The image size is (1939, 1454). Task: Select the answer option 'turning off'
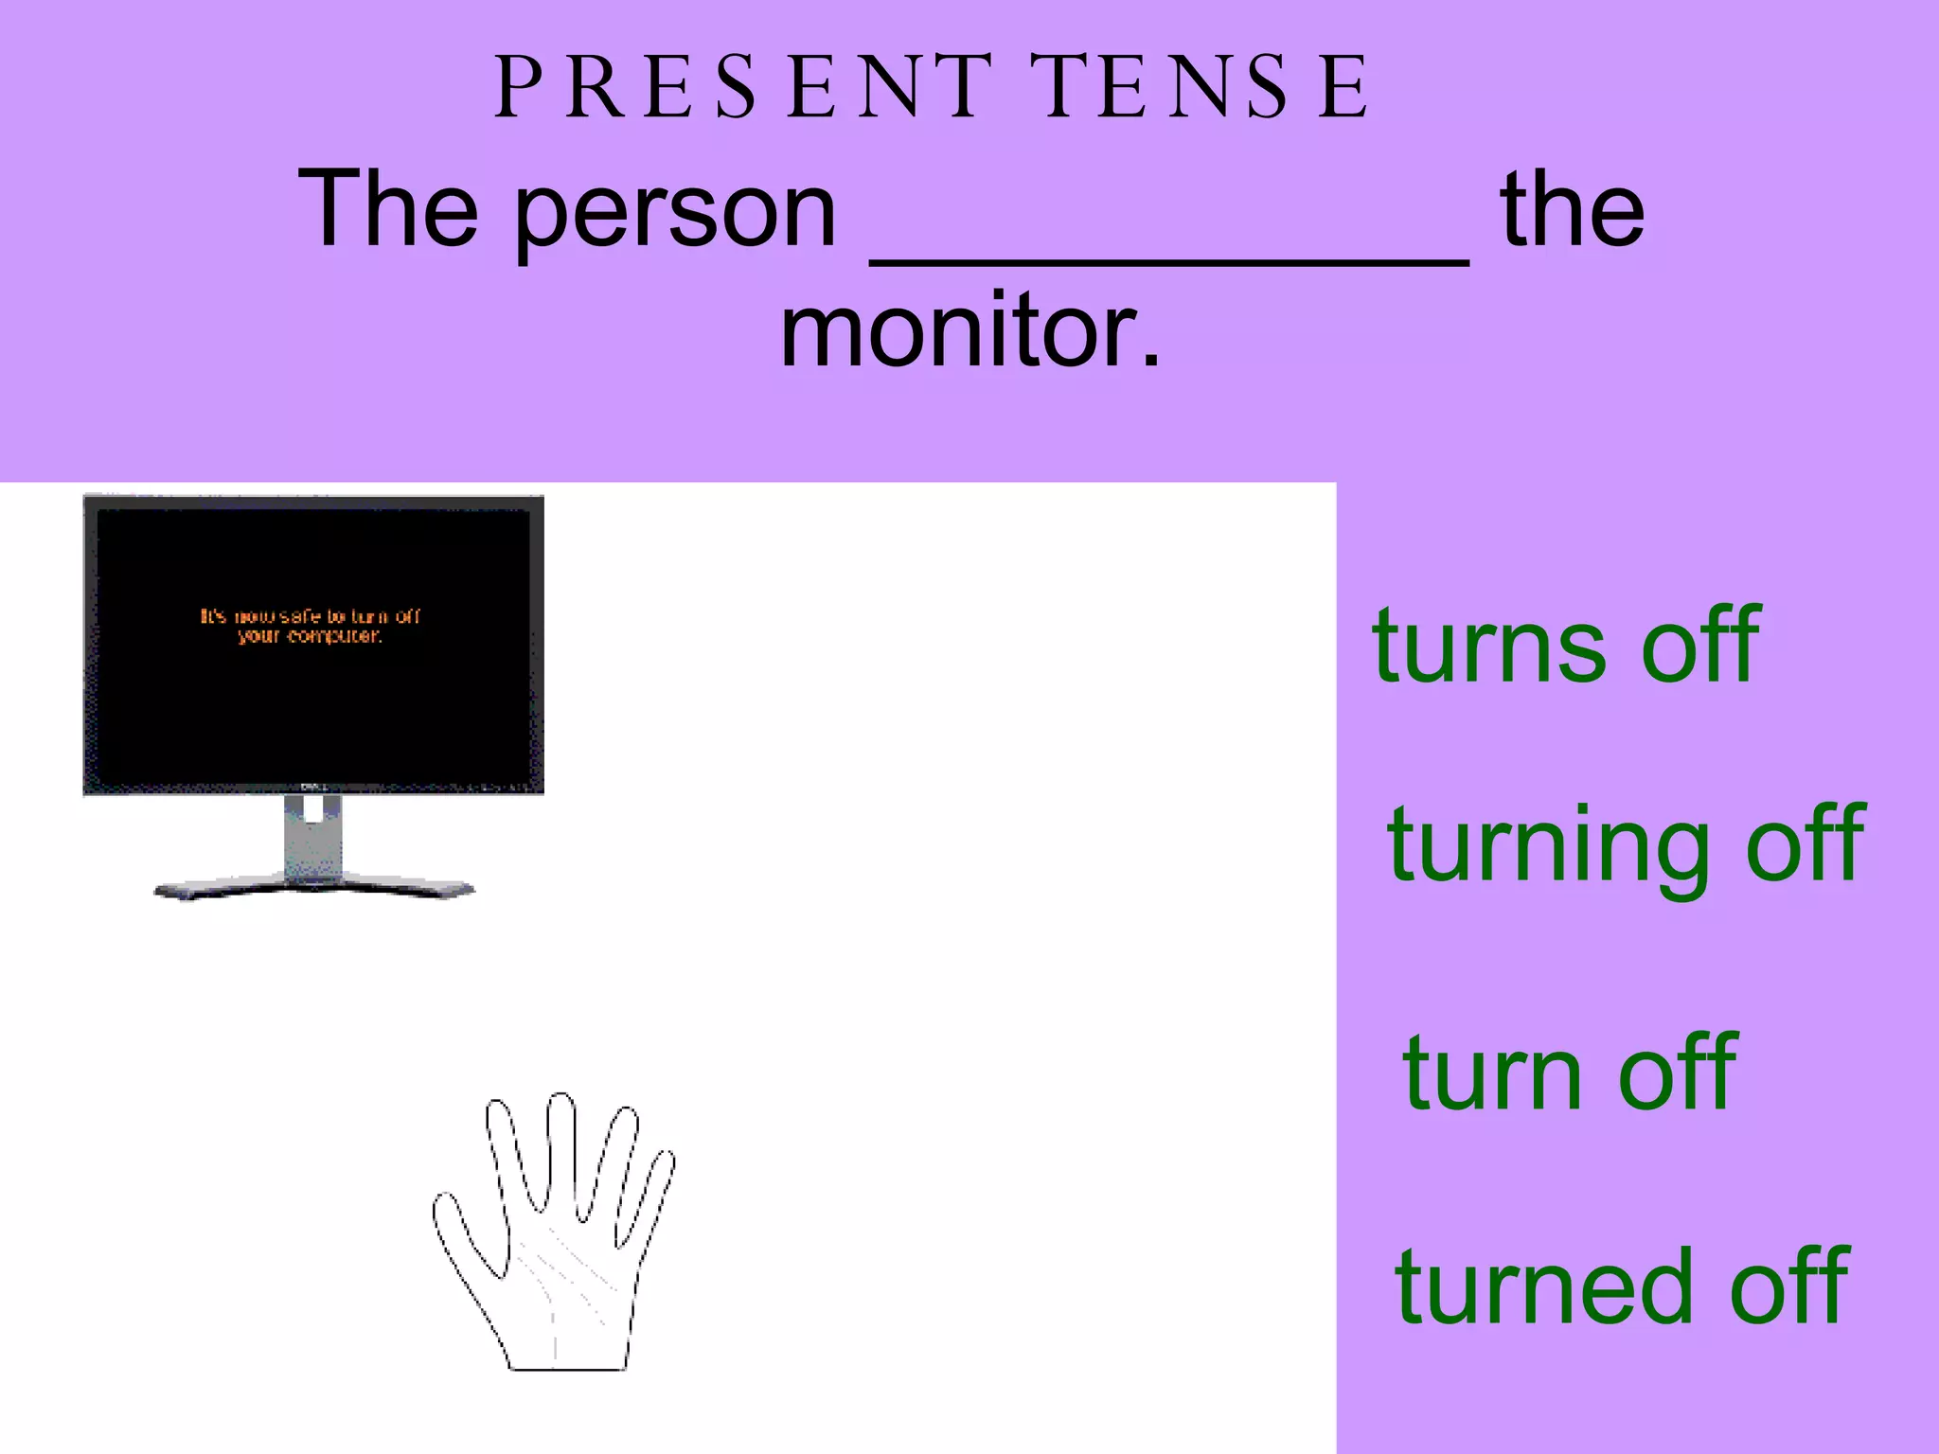[1626, 844]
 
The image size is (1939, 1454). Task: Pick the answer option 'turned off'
[1621, 1286]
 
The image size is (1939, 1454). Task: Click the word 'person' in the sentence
[675, 210]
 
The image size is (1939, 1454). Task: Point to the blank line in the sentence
[1169, 261]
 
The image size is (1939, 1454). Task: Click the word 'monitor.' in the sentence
[969, 331]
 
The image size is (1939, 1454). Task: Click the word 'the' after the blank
[1573, 210]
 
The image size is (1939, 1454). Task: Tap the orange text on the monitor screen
[310, 626]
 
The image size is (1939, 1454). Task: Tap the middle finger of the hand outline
[562, 1150]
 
